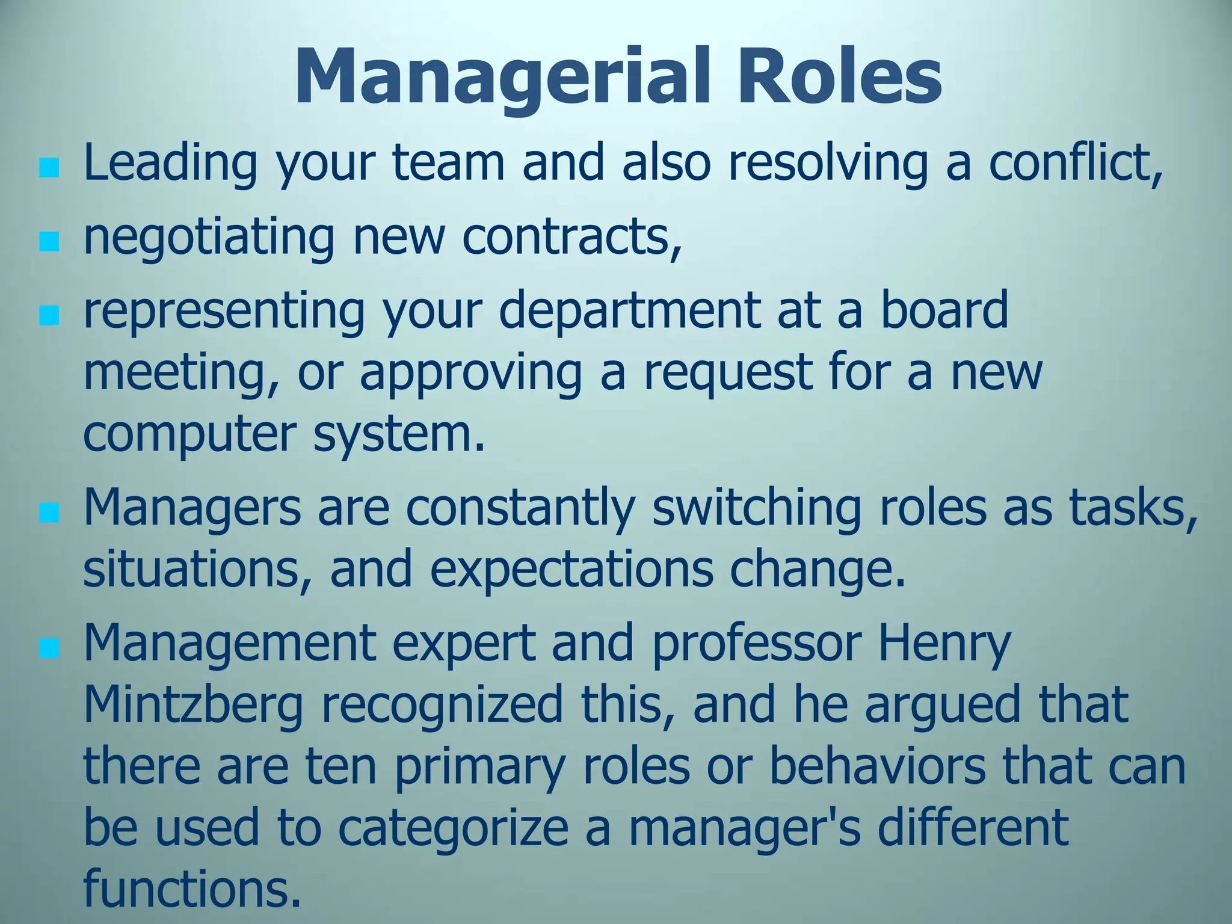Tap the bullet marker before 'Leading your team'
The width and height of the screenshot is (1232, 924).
(x=49, y=168)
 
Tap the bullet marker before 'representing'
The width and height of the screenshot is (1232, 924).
(x=49, y=315)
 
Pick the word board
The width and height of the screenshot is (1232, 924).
(x=944, y=309)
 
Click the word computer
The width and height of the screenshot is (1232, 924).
(x=190, y=434)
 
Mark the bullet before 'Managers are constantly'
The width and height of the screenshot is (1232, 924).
(x=49, y=513)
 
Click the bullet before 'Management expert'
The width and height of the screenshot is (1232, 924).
(x=49, y=648)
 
